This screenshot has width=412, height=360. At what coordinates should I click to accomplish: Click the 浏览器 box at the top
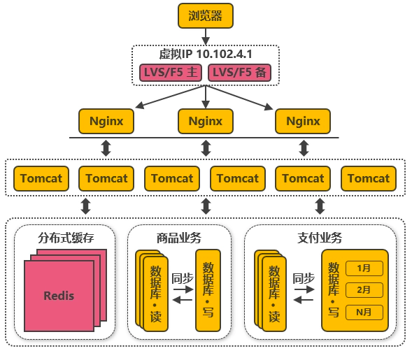pos(206,16)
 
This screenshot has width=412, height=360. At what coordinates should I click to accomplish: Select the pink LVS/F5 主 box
pos(171,73)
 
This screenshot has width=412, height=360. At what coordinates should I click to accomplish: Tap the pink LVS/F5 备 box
pos(239,73)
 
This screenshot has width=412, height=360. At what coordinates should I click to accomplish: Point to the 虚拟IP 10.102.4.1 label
pos(206,54)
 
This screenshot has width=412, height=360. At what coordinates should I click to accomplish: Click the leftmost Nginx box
pos(106,122)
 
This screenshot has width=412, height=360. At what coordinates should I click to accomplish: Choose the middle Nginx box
pos(206,122)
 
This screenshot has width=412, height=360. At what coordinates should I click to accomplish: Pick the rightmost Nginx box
pos(303,122)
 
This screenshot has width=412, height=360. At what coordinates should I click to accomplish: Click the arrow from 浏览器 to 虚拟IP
pos(206,37)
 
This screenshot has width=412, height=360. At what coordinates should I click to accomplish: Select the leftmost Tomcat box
pos(41,178)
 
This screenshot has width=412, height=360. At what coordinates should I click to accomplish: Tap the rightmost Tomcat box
pos(369,178)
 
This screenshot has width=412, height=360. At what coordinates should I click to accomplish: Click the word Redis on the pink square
pos(59,296)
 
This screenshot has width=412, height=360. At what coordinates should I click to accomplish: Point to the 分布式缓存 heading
pos(66,238)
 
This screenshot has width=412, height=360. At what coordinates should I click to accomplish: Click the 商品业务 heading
pos(179,238)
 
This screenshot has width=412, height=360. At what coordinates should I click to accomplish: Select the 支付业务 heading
pos(320,238)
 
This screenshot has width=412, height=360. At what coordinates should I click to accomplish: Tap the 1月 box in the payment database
pos(364,268)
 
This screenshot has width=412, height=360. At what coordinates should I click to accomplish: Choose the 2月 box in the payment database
pos(364,290)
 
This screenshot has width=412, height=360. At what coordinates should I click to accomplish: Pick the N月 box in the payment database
pos(364,312)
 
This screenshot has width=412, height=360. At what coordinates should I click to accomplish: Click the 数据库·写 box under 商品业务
pos(208,290)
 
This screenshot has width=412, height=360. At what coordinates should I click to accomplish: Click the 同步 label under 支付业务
pos(304,278)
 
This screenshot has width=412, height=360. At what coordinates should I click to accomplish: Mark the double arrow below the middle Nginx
pos(206,148)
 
